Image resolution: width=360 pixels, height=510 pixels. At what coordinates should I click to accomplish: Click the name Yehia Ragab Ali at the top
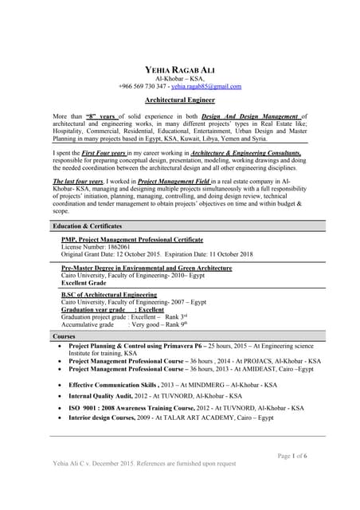179,69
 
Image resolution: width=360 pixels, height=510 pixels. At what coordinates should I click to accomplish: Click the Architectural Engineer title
179,101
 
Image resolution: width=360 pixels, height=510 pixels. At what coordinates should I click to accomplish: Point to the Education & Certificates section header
81,227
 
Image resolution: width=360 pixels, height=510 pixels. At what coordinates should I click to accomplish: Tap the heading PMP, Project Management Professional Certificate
131,239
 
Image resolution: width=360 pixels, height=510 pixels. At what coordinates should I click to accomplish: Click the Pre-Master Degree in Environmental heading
147,269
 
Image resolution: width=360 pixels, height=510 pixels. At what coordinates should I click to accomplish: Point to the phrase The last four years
78,182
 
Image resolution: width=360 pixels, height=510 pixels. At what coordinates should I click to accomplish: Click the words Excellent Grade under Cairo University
84,283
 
